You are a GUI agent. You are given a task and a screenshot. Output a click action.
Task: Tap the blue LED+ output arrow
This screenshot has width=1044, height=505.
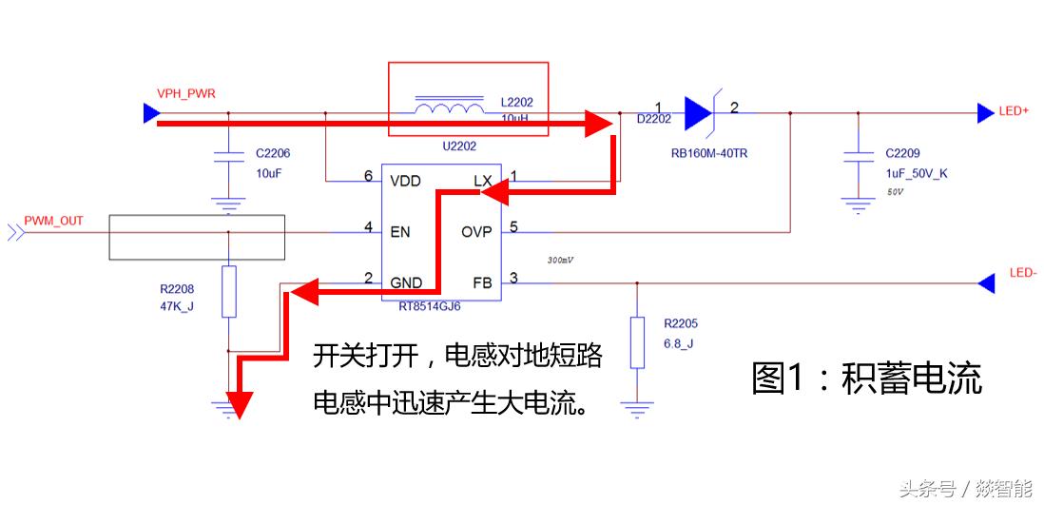pyautogui.click(x=985, y=112)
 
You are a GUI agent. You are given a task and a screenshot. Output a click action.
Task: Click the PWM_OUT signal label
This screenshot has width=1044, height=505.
pyautogui.click(x=53, y=221)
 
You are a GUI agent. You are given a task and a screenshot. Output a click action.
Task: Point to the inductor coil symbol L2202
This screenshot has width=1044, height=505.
pyautogui.click(x=448, y=107)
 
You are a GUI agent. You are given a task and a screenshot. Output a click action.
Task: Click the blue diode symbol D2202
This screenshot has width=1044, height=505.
pyautogui.click(x=700, y=112)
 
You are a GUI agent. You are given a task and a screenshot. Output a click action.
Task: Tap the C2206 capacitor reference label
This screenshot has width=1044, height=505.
pyautogui.click(x=273, y=152)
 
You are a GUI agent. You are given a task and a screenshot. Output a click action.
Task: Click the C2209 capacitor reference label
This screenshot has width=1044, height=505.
pyautogui.click(x=904, y=152)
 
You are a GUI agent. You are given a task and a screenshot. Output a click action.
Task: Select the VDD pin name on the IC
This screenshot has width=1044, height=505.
pyautogui.click(x=405, y=180)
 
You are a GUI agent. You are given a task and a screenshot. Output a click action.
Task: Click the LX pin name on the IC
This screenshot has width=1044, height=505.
pyautogui.click(x=482, y=180)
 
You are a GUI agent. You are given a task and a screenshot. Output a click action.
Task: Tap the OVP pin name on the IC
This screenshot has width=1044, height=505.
pyautogui.click(x=476, y=231)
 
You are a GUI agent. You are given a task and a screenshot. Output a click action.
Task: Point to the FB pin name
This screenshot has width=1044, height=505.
pyautogui.click(x=482, y=282)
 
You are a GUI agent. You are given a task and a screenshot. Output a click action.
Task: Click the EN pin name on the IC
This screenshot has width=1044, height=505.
pyautogui.click(x=399, y=231)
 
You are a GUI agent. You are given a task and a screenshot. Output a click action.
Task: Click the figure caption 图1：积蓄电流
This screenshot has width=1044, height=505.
pyautogui.click(x=865, y=378)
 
